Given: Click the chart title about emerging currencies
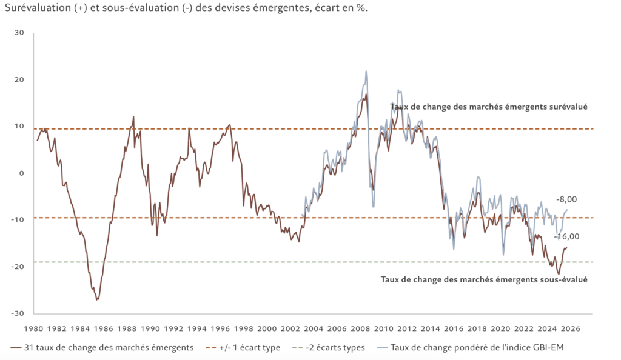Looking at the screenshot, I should coord(185,8).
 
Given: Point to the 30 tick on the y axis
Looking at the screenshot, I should coord(19,33).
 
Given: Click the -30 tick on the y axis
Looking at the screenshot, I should coord(18,313).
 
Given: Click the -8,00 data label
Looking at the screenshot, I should coord(566,199).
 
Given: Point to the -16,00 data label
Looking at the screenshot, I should coord(567,237).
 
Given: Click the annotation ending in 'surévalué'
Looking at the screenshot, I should coord(489,107).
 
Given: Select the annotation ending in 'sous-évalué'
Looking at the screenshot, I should coord(484,279).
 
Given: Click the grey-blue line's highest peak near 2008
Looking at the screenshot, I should coord(366,71).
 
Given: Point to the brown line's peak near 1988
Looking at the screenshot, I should coord(133,116).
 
